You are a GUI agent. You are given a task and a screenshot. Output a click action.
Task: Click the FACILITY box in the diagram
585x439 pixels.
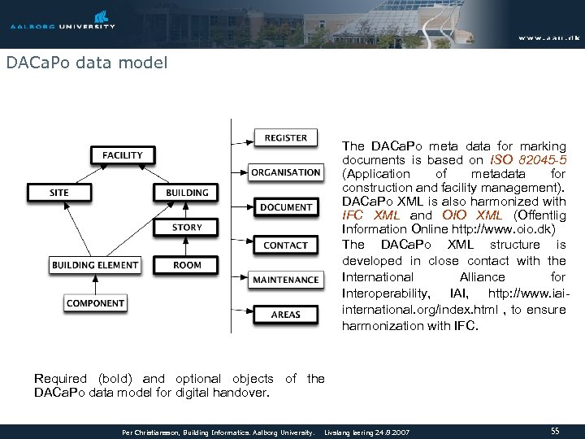pos(123,154)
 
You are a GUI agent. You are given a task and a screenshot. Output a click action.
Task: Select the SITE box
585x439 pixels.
pos(59,193)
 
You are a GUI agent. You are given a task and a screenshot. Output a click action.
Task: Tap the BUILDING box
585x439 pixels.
pos(187,193)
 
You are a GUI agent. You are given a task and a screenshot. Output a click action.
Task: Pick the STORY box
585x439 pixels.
pos(187,228)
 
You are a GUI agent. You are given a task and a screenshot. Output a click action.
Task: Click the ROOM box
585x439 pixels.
pos(187,265)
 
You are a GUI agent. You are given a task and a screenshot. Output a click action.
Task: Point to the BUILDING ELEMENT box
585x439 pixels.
pos(95,265)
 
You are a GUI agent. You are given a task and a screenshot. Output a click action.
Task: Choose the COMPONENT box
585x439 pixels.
pos(95,303)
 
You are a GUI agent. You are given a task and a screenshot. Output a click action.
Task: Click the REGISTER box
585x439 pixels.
pos(286,138)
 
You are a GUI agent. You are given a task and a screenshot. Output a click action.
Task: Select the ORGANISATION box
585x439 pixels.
pos(286,172)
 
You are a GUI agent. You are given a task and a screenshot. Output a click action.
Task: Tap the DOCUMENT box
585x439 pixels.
pos(286,207)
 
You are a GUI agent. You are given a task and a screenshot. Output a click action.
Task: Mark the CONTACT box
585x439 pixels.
pos(286,245)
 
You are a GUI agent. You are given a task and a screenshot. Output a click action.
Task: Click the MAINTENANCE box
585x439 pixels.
pos(286,280)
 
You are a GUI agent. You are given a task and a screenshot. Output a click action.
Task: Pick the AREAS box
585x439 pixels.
pos(286,315)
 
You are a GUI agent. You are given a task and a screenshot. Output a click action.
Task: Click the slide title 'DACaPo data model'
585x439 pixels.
pos(86,63)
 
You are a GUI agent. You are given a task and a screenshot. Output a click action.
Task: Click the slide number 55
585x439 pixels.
pos(556,430)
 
